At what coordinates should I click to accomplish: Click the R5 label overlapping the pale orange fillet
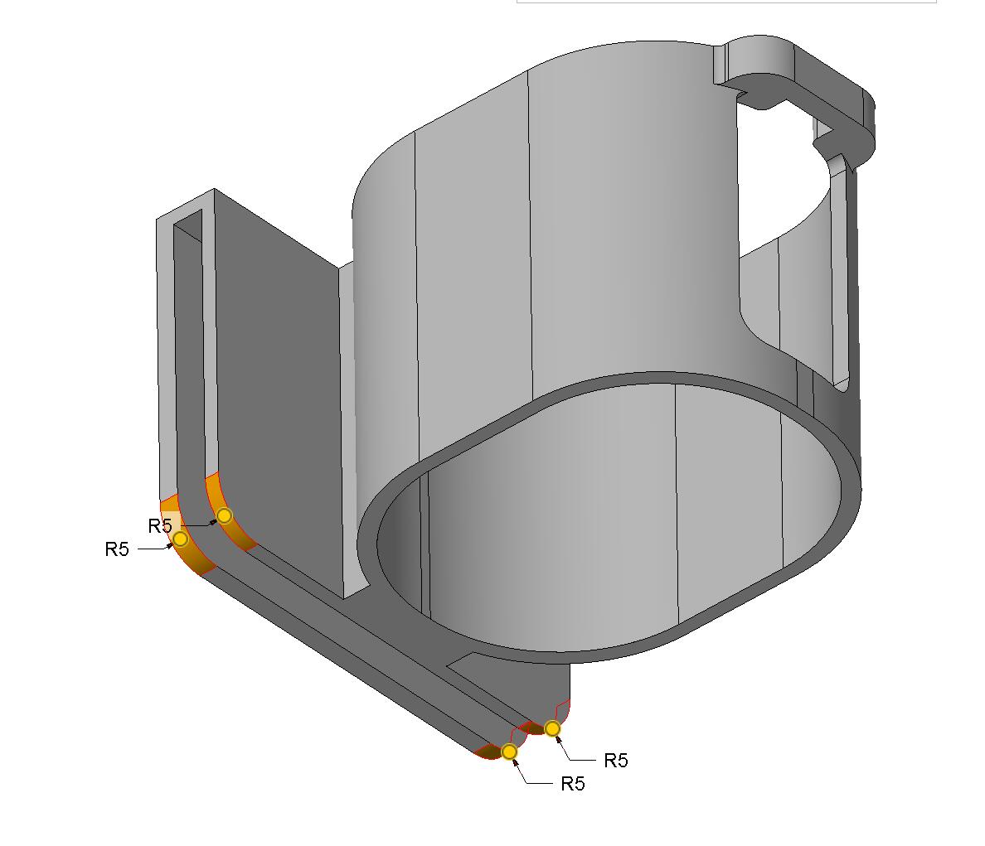point(160,526)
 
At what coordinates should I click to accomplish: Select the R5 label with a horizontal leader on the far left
point(117,549)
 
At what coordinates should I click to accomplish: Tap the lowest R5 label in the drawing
point(573,784)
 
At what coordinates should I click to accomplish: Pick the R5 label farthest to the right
point(616,761)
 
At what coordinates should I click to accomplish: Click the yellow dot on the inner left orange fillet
point(224,516)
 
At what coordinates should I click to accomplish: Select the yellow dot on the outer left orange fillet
point(180,539)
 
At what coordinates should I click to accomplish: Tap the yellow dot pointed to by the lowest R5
point(509,752)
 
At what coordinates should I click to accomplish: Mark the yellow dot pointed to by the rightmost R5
point(552,728)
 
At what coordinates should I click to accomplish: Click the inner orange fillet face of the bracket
point(226,511)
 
